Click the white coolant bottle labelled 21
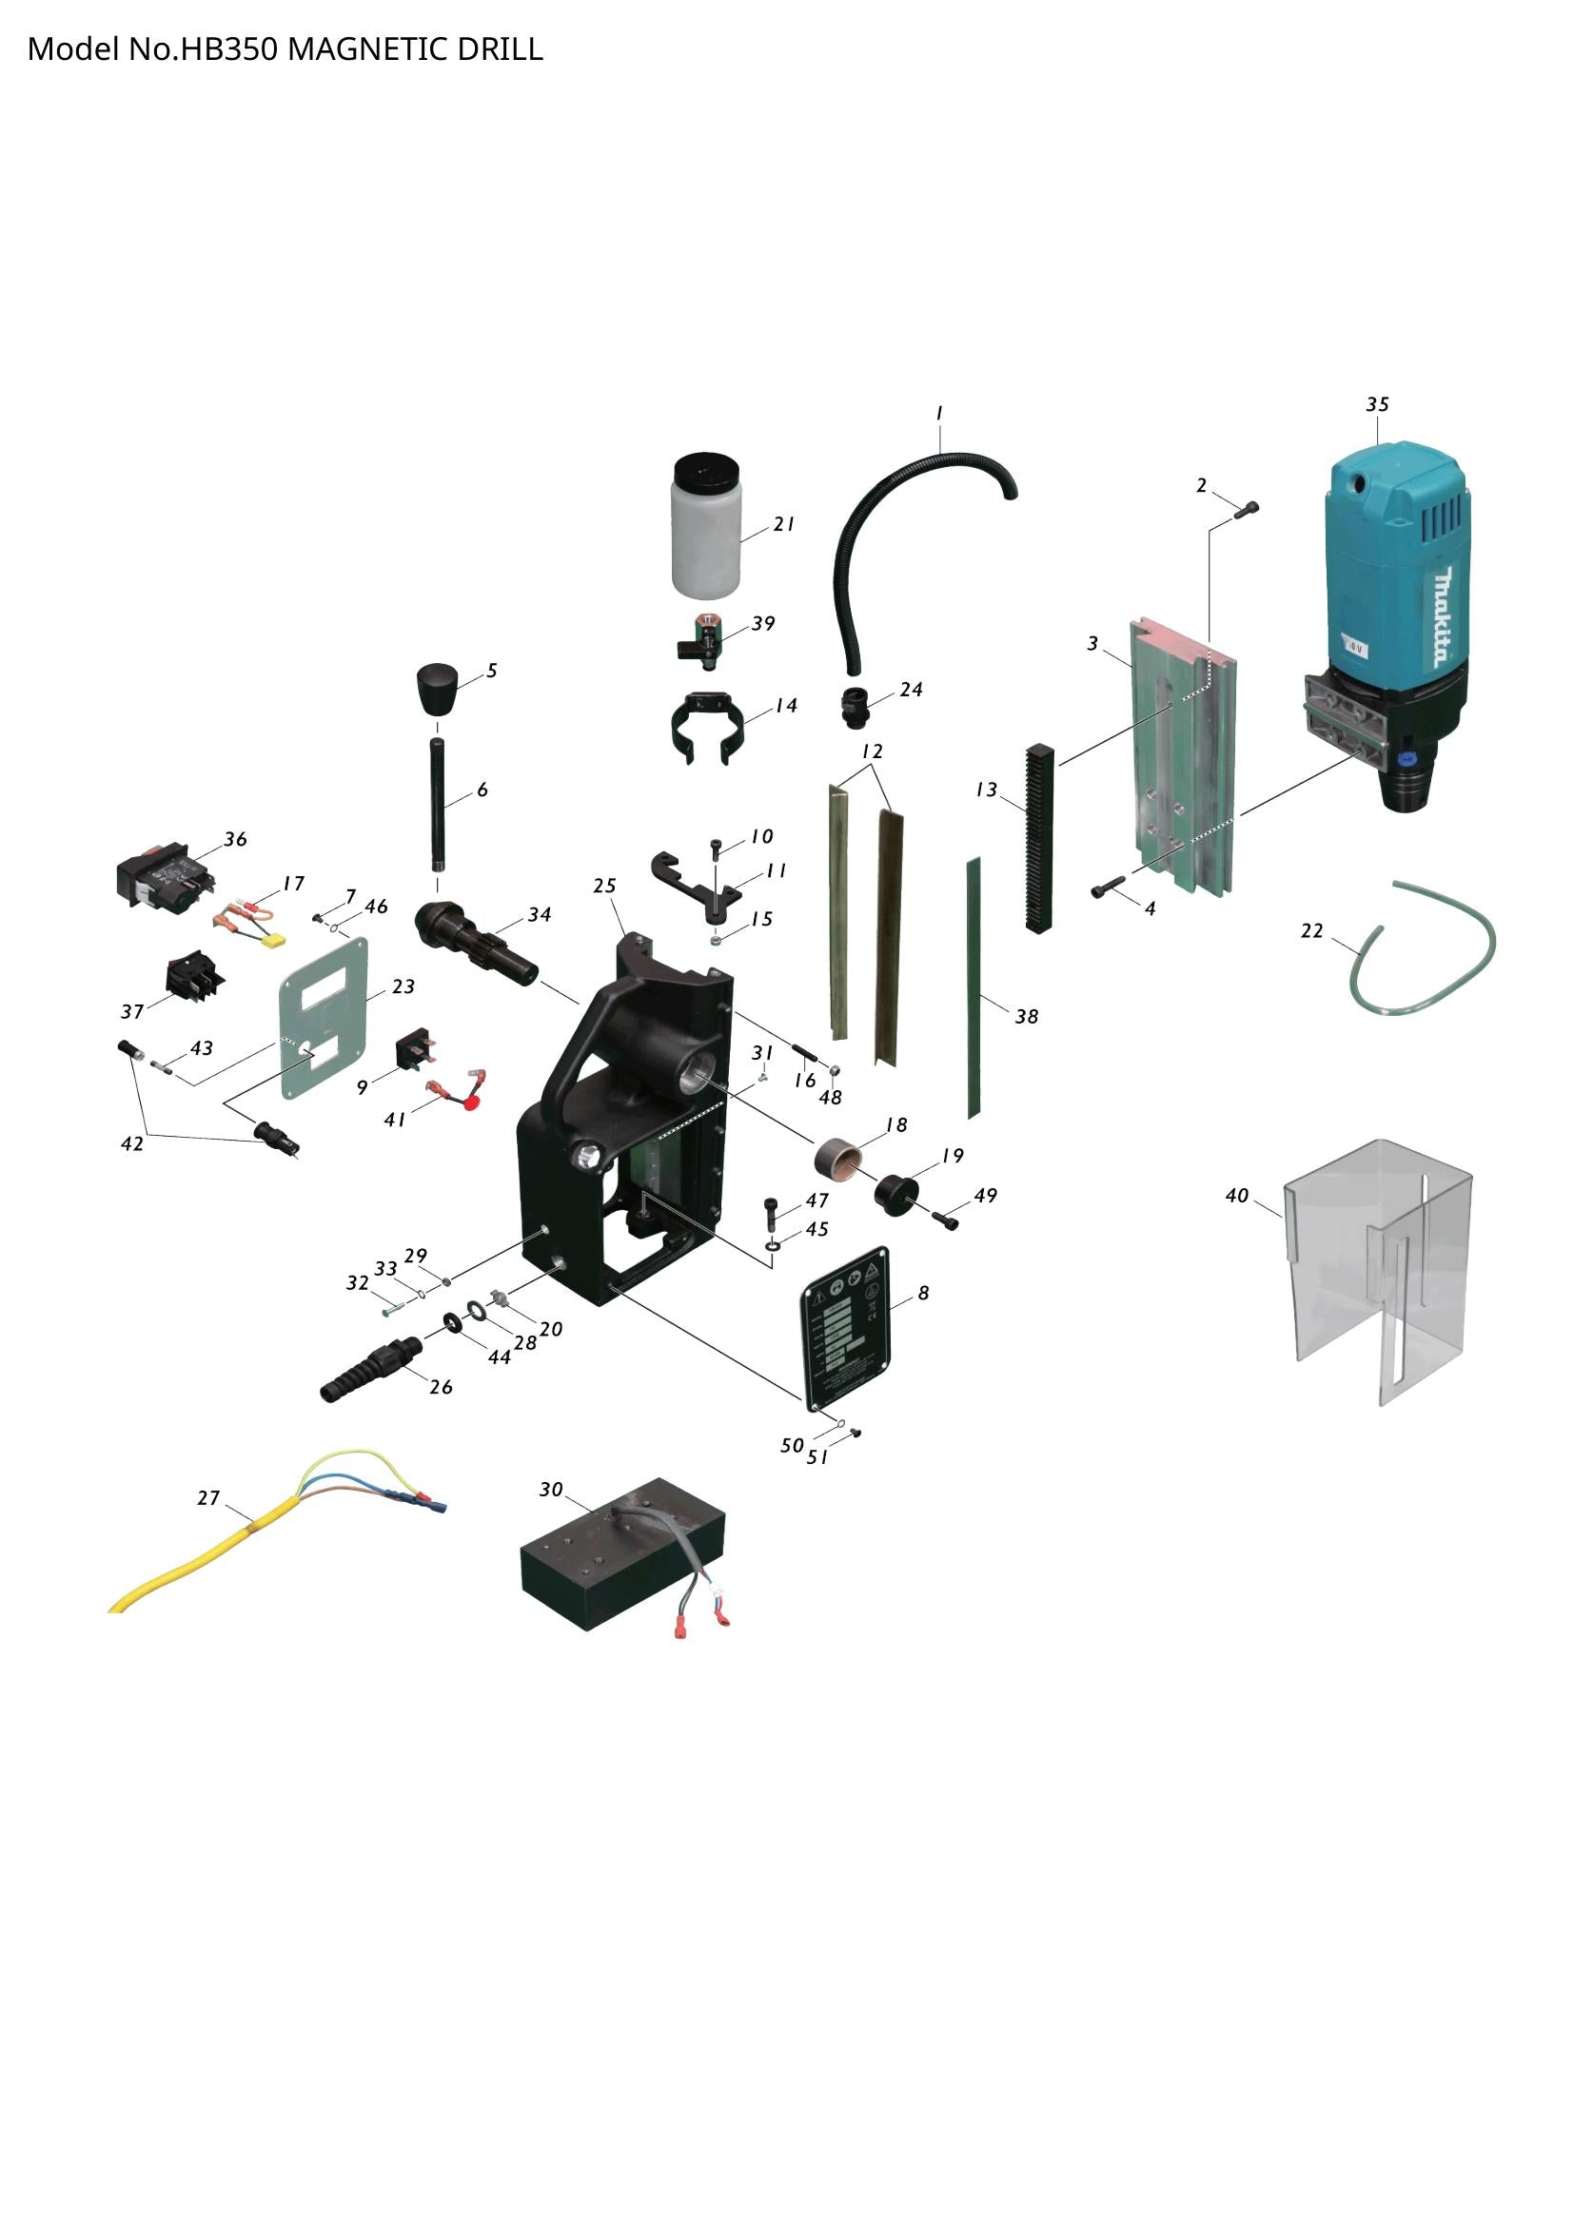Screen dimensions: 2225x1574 [705, 542]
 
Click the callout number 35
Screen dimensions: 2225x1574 [1377, 404]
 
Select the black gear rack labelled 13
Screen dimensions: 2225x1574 [1038, 838]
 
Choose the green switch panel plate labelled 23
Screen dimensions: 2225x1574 [324, 1018]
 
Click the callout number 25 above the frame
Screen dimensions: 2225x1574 [605, 886]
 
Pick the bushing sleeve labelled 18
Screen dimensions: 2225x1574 [839, 1157]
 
